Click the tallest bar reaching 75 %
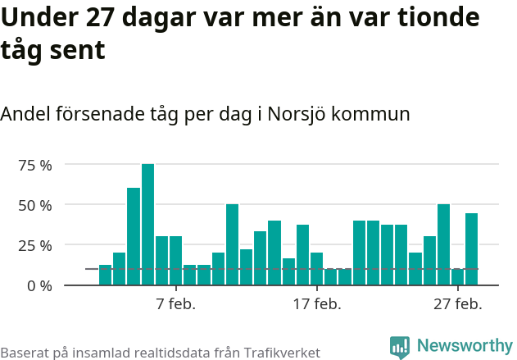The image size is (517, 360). coord(147,225)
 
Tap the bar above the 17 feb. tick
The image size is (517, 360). coord(316,269)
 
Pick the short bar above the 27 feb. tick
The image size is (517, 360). coord(457,277)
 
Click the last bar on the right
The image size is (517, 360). coord(471,249)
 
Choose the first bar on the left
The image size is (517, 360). coord(105,276)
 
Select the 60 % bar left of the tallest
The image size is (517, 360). coord(134,237)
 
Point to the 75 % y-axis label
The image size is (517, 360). coord(35,165)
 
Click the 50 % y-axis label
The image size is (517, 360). coord(35,205)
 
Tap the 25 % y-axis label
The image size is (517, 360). coord(35,245)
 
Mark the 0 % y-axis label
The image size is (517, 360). coord(39,285)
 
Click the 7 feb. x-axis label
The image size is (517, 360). coord(175,305)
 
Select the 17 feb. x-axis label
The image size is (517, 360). coord(316,305)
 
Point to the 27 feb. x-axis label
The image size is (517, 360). coord(457,305)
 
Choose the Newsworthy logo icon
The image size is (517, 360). coord(400,348)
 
